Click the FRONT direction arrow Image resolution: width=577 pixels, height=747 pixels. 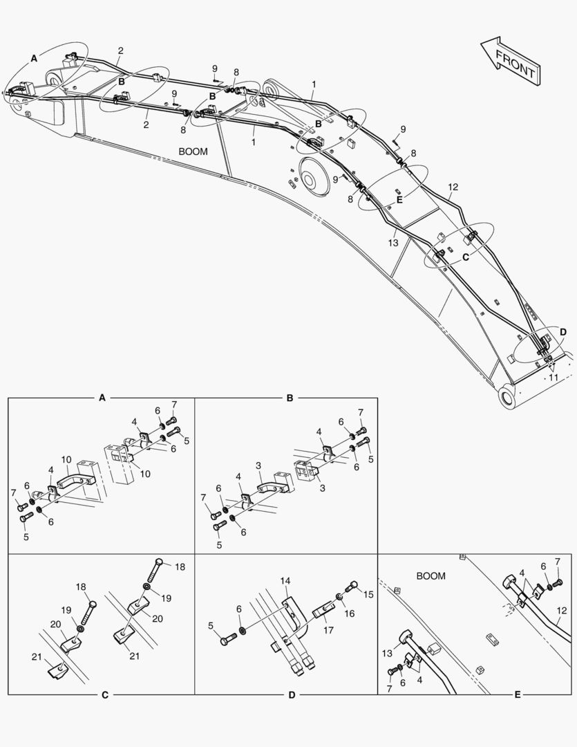click(x=511, y=62)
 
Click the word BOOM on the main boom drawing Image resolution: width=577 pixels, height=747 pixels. click(x=193, y=151)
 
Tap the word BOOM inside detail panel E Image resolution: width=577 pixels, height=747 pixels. click(x=431, y=576)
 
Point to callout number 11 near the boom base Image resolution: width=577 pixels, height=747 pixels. click(x=554, y=377)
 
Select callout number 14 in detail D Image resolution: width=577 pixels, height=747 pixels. click(x=285, y=581)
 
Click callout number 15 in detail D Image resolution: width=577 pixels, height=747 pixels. click(x=368, y=595)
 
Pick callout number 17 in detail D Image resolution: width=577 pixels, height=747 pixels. click(x=328, y=630)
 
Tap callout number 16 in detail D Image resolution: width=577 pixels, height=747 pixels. click(x=350, y=614)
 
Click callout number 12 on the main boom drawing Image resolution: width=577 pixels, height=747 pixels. click(x=453, y=187)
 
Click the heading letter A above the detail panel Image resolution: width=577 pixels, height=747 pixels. click(x=102, y=398)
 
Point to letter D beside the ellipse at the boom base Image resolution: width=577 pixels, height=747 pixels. click(x=563, y=332)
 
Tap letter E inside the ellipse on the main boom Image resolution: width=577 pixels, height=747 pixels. click(x=399, y=200)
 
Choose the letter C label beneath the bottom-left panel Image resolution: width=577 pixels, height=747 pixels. click(x=105, y=695)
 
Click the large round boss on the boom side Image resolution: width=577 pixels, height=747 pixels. click(x=314, y=177)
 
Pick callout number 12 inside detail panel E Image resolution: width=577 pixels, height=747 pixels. click(x=562, y=610)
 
